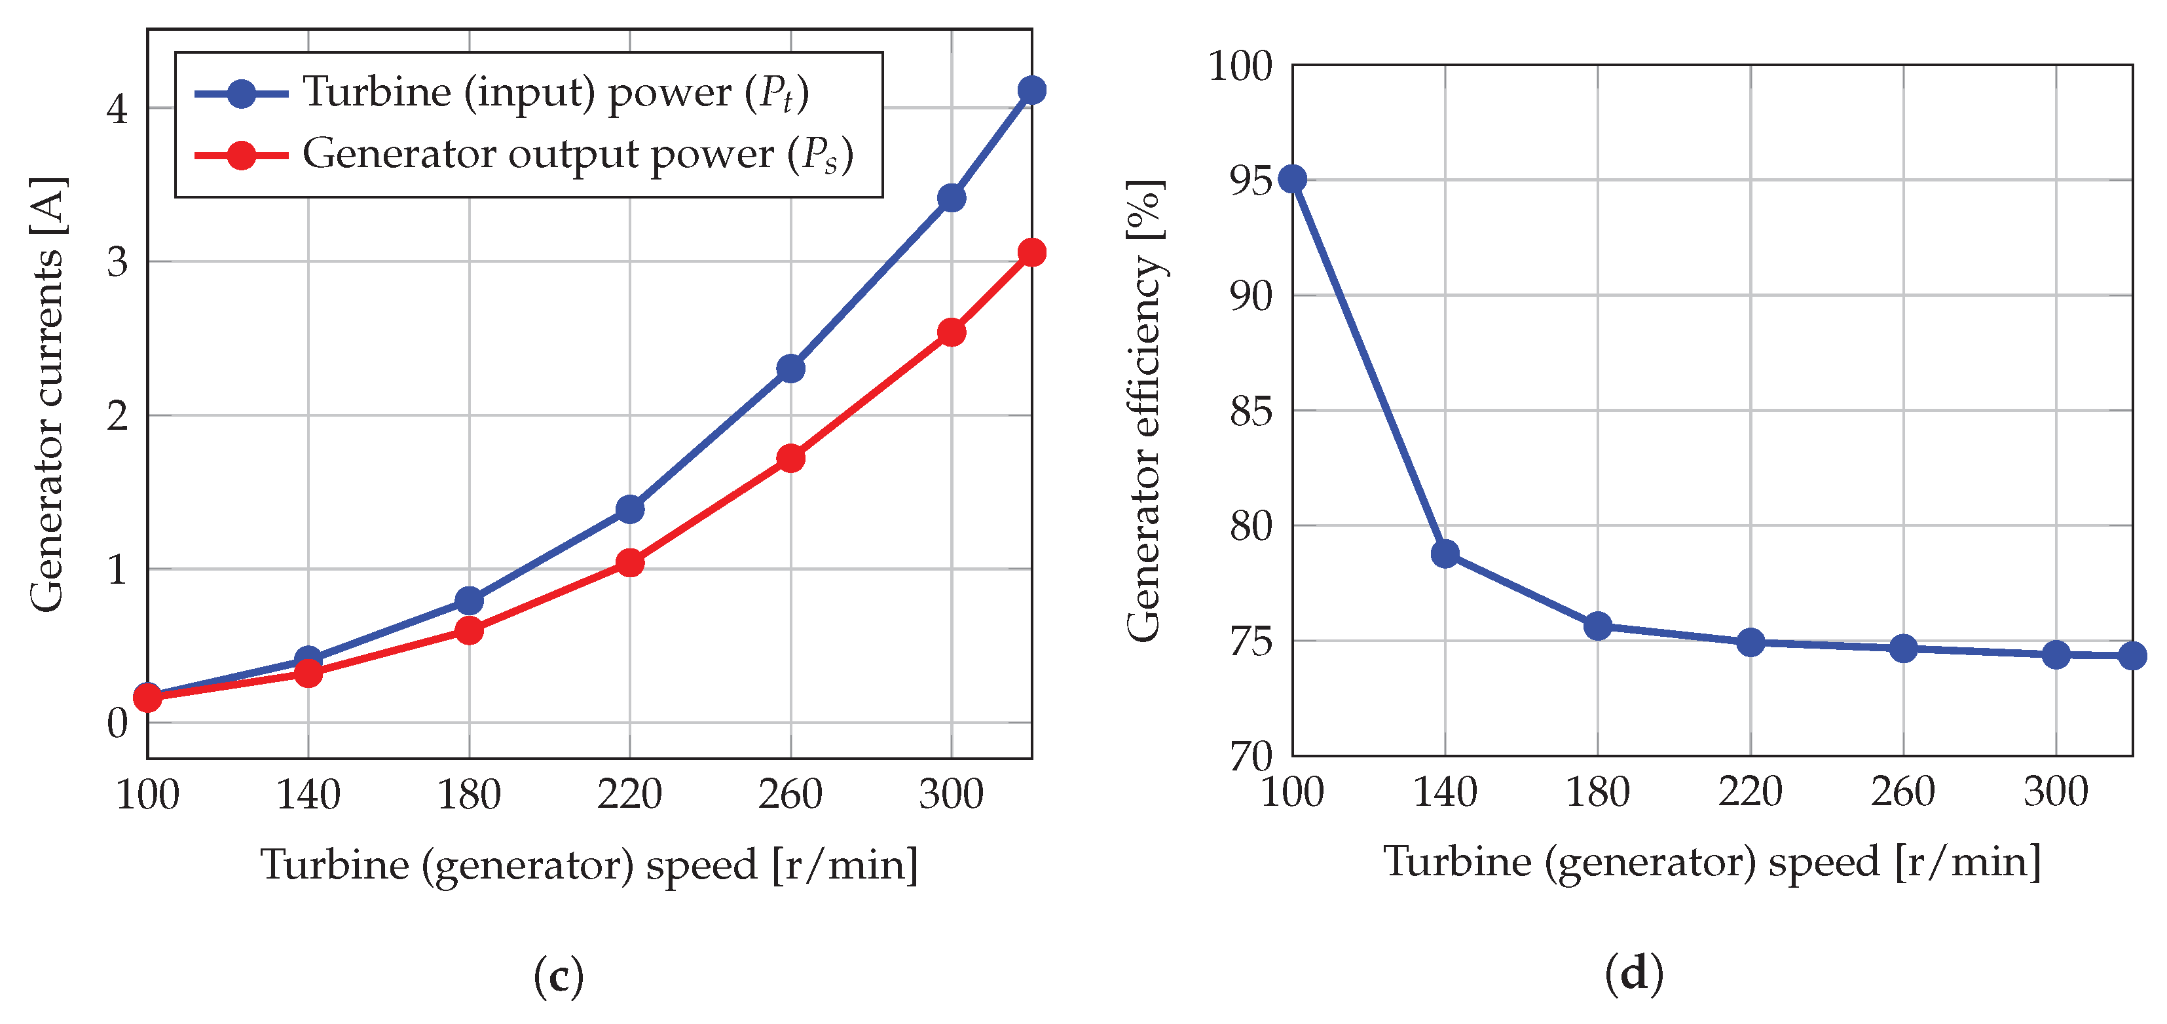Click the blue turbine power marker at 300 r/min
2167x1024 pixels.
[952, 199]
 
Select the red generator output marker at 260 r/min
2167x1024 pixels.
[790, 459]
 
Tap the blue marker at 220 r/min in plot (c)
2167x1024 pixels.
[630, 509]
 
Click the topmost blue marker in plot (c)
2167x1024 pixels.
[1032, 90]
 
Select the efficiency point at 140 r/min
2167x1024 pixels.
[1445, 554]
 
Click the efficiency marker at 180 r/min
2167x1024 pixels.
[1597, 626]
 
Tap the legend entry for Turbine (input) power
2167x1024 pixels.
[555, 92]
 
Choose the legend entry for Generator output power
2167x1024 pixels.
[577, 155]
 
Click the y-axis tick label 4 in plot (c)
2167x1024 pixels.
[118, 109]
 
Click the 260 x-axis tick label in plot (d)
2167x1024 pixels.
[1903, 792]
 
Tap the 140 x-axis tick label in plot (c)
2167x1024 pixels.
[308, 794]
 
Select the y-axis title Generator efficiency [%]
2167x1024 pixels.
[1144, 411]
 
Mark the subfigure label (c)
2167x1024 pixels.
[559, 976]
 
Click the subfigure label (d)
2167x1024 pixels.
[1634, 974]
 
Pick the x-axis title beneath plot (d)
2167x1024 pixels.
[1712, 862]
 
